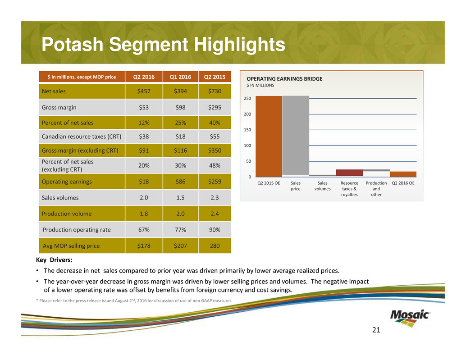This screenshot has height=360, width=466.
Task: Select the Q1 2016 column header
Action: pos(179,77)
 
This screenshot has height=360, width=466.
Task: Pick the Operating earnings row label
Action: pos(67,182)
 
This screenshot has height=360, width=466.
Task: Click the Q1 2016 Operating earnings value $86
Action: pos(179,182)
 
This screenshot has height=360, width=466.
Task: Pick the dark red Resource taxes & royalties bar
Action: pos(349,173)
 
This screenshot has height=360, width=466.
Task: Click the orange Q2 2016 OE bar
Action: pos(403,174)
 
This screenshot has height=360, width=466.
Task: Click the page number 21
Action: pos(376,330)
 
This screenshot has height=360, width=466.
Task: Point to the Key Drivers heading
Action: pos(54,260)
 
